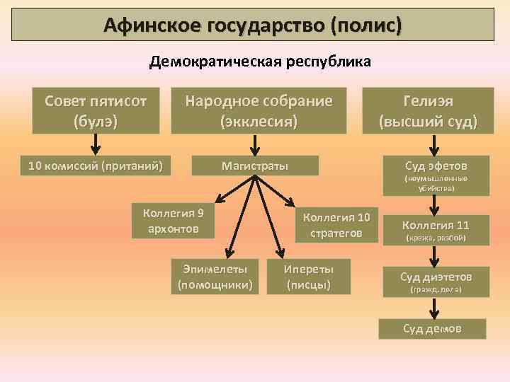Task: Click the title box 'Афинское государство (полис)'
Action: coord(254,25)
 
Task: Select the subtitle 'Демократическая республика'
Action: coord(259,62)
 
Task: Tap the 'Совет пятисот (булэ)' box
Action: coord(95,110)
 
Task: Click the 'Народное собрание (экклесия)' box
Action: coord(259,110)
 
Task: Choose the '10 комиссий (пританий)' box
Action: coord(95,166)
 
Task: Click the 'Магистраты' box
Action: coord(255,166)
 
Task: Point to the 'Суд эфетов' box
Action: coord(436,166)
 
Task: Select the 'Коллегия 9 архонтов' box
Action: coord(174,220)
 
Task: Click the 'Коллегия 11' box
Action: coord(436,226)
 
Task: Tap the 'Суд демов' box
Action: coord(432,329)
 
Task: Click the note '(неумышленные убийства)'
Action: coord(436,184)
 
